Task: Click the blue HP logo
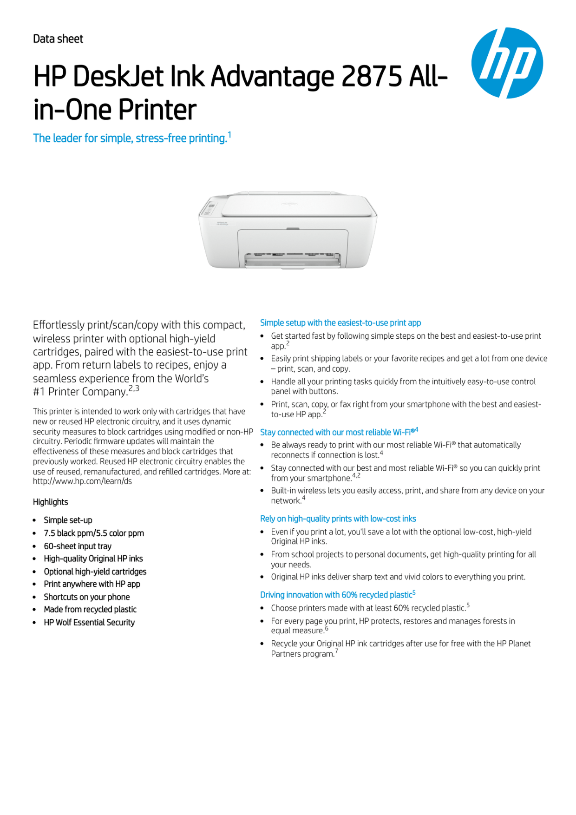pyautogui.click(x=507, y=63)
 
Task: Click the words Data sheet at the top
pyautogui.click(x=58, y=39)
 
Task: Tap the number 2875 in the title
pyautogui.click(x=371, y=76)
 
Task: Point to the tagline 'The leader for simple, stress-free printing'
pyautogui.click(x=130, y=138)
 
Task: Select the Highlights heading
pyautogui.click(x=50, y=502)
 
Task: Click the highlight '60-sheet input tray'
pyautogui.click(x=78, y=546)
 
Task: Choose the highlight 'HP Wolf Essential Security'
pyautogui.click(x=89, y=622)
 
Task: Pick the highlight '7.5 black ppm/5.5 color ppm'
pyautogui.click(x=94, y=533)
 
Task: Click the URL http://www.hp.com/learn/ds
pyautogui.click(x=82, y=481)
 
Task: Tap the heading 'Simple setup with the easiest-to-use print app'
pyautogui.click(x=340, y=323)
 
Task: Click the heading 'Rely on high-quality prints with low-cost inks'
pyautogui.click(x=338, y=519)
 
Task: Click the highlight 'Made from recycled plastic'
pyautogui.click(x=90, y=609)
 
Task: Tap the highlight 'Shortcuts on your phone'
pyautogui.click(x=87, y=597)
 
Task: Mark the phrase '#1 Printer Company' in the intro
pyautogui.click(x=80, y=392)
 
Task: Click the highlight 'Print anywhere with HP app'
pyautogui.click(x=92, y=584)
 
